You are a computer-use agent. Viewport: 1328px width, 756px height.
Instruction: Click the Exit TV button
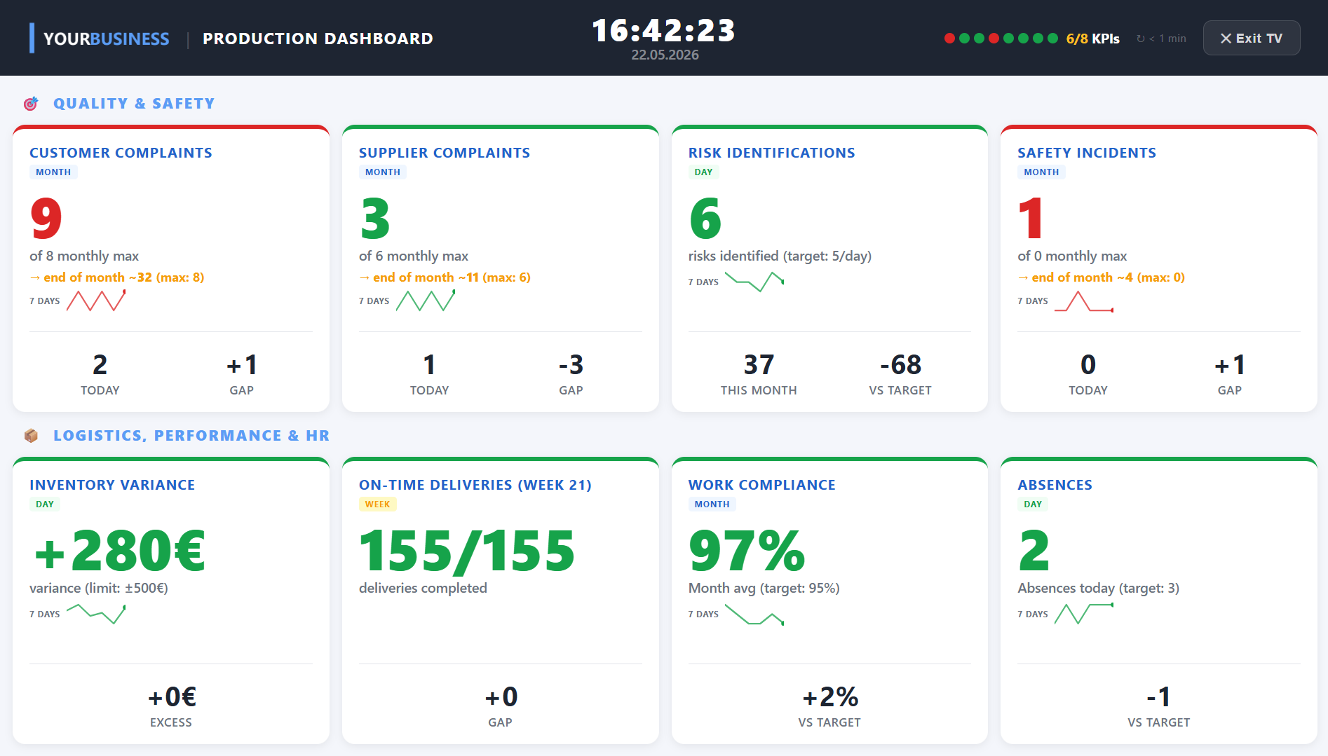click(x=1252, y=38)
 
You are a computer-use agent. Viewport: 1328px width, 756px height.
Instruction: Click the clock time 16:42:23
click(x=664, y=30)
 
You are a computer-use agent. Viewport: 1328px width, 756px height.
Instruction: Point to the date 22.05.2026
click(x=665, y=55)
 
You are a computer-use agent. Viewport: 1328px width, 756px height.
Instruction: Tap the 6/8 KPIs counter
click(x=1092, y=39)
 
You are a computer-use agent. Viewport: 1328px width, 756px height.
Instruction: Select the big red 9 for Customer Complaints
click(x=46, y=218)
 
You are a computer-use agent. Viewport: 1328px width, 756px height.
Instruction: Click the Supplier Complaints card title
click(x=445, y=153)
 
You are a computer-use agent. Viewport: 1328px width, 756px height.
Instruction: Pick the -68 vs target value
click(x=900, y=364)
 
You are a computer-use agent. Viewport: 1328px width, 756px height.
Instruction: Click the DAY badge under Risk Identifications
click(x=703, y=172)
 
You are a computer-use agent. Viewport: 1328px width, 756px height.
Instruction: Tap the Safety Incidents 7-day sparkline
click(x=1084, y=302)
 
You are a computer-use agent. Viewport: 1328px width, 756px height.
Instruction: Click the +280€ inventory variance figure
click(x=120, y=551)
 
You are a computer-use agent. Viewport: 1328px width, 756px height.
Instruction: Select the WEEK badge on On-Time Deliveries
click(x=377, y=504)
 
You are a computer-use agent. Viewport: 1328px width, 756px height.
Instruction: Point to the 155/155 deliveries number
click(x=466, y=551)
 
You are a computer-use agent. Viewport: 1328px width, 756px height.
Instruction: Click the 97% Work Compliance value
click(x=747, y=551)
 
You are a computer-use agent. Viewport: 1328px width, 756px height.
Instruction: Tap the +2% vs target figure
click(x=830, y=696)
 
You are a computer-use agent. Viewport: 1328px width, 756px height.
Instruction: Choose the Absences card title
click(x=1055, y=485)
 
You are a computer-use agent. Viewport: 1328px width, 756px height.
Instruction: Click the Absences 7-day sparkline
click(x=1084, y=614)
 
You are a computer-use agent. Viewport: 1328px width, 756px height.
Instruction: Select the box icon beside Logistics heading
click(x=31, y=436)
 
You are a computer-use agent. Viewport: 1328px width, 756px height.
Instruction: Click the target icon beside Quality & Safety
click(x=31, y=104)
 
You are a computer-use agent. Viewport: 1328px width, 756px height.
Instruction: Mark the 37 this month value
click(x=759, y=364)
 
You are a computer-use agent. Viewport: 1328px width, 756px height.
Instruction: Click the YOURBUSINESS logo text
click(x=107, y=39)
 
